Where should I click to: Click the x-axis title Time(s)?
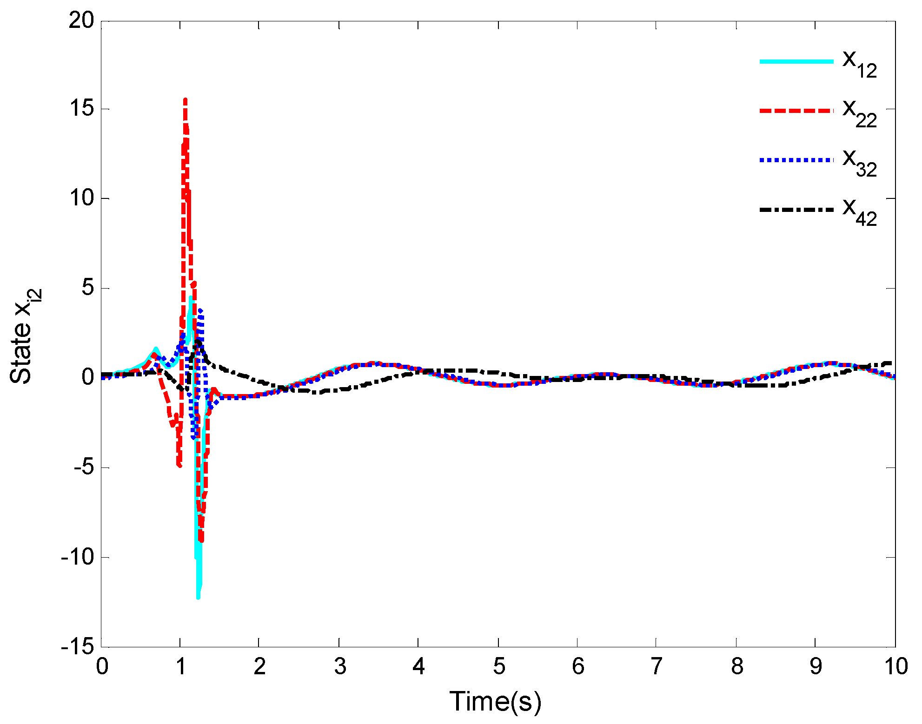click(495, 701)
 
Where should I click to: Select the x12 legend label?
click(859, 64)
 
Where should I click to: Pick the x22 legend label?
click(859, 113)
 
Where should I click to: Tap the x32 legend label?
click(859, 163)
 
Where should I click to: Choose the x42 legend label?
click(859, 212)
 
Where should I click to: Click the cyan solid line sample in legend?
click(796, 61)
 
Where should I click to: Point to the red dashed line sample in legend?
click(796, 111)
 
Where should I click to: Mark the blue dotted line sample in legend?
click(796, 160)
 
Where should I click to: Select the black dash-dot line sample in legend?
click(796, 210)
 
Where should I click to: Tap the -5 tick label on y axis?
click(84, 467)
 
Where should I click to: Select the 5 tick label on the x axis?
click(499, 667)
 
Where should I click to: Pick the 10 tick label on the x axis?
click(895, 667)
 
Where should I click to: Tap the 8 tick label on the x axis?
click(737, 667)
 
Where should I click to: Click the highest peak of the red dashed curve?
click(185, 99)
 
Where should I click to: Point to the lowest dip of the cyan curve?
click(198, 597)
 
